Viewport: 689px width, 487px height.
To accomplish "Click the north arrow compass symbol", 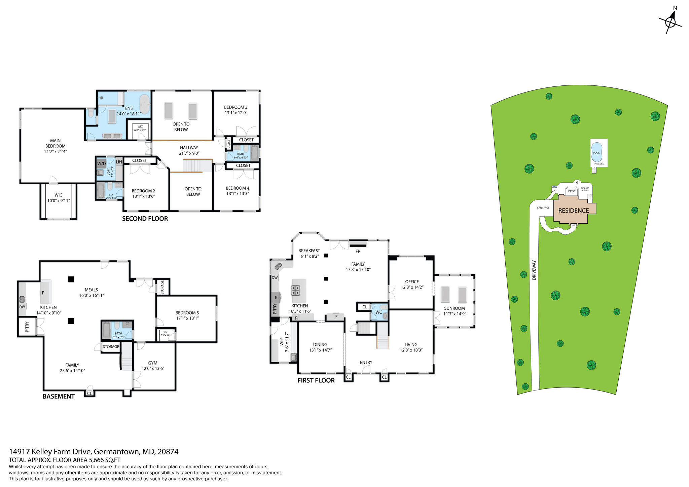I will (x=670, y=22).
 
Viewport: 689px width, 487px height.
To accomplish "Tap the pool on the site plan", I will (x=596, y=152).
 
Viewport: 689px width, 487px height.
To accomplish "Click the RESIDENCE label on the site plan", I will (x=573, y=211).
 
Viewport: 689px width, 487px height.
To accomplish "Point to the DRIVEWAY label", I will (x=534, y=270).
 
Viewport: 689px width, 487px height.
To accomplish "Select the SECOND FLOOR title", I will (x=145, y=219).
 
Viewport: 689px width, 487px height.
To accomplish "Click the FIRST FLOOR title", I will (x=316, y=380).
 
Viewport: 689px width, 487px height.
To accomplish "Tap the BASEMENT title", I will (x=59, y=396).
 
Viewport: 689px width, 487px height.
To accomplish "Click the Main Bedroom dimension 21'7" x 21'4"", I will (x=56, y=152).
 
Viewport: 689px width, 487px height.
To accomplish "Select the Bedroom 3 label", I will (x=235, y=107).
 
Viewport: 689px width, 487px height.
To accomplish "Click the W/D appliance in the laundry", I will (x=102, y=163).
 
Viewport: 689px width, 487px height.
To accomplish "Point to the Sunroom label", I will (x=454, y=308).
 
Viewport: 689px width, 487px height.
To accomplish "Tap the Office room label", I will (x=412, y=282).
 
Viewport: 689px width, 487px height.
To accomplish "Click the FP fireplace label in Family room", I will (x=358, y=251).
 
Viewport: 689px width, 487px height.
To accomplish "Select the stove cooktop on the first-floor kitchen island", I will (x=295, y=290).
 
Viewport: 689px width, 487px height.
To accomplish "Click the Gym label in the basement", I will (x=153, y=363).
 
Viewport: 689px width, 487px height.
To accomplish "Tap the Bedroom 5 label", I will (x=187, y=313).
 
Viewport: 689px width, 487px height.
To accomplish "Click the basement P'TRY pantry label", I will (x=27, y=327).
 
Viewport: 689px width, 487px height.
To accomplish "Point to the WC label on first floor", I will (x=378, y=312).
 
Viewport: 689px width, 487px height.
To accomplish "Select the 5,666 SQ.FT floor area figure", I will (x=104, y=460).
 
